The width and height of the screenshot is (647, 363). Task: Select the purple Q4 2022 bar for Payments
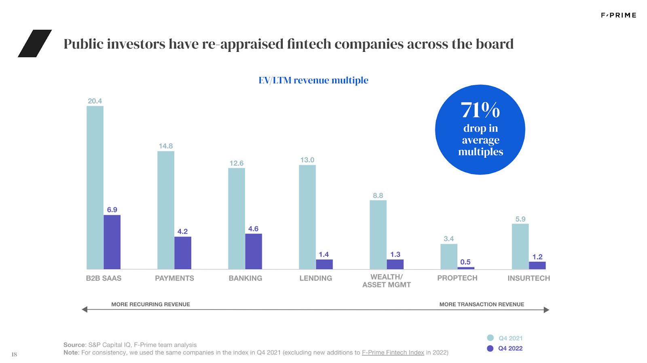pos(183,253)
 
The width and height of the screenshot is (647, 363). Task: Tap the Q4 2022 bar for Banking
pos(254,251)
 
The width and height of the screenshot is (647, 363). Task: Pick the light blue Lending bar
pos(307,217)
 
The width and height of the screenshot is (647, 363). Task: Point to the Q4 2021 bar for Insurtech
pos(520,246)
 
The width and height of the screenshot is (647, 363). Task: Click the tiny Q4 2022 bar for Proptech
pos(466,268)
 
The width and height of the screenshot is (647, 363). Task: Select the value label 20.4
pos(95,101)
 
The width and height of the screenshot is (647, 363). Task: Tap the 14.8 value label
pos(166,146)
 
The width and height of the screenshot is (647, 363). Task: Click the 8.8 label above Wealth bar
pos(378,195)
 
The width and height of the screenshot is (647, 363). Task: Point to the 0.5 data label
pos(465,262)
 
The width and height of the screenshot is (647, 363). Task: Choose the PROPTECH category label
pos(457,278)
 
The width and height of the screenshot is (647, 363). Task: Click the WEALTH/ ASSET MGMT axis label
pos(387,281)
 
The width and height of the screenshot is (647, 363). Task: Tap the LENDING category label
pos(316,278)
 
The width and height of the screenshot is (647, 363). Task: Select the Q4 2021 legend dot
pos(491,338)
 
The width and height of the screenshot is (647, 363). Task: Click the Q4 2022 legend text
pos(510,348)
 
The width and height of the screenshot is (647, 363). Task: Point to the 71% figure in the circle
pos(480,110)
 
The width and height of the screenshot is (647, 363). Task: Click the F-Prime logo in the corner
pos(618,15)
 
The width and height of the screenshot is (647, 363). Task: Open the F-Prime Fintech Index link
pos(393,352)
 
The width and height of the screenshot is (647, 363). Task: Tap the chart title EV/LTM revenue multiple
pos(313,80)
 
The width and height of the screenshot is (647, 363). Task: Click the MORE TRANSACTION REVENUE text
pos(482,304)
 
